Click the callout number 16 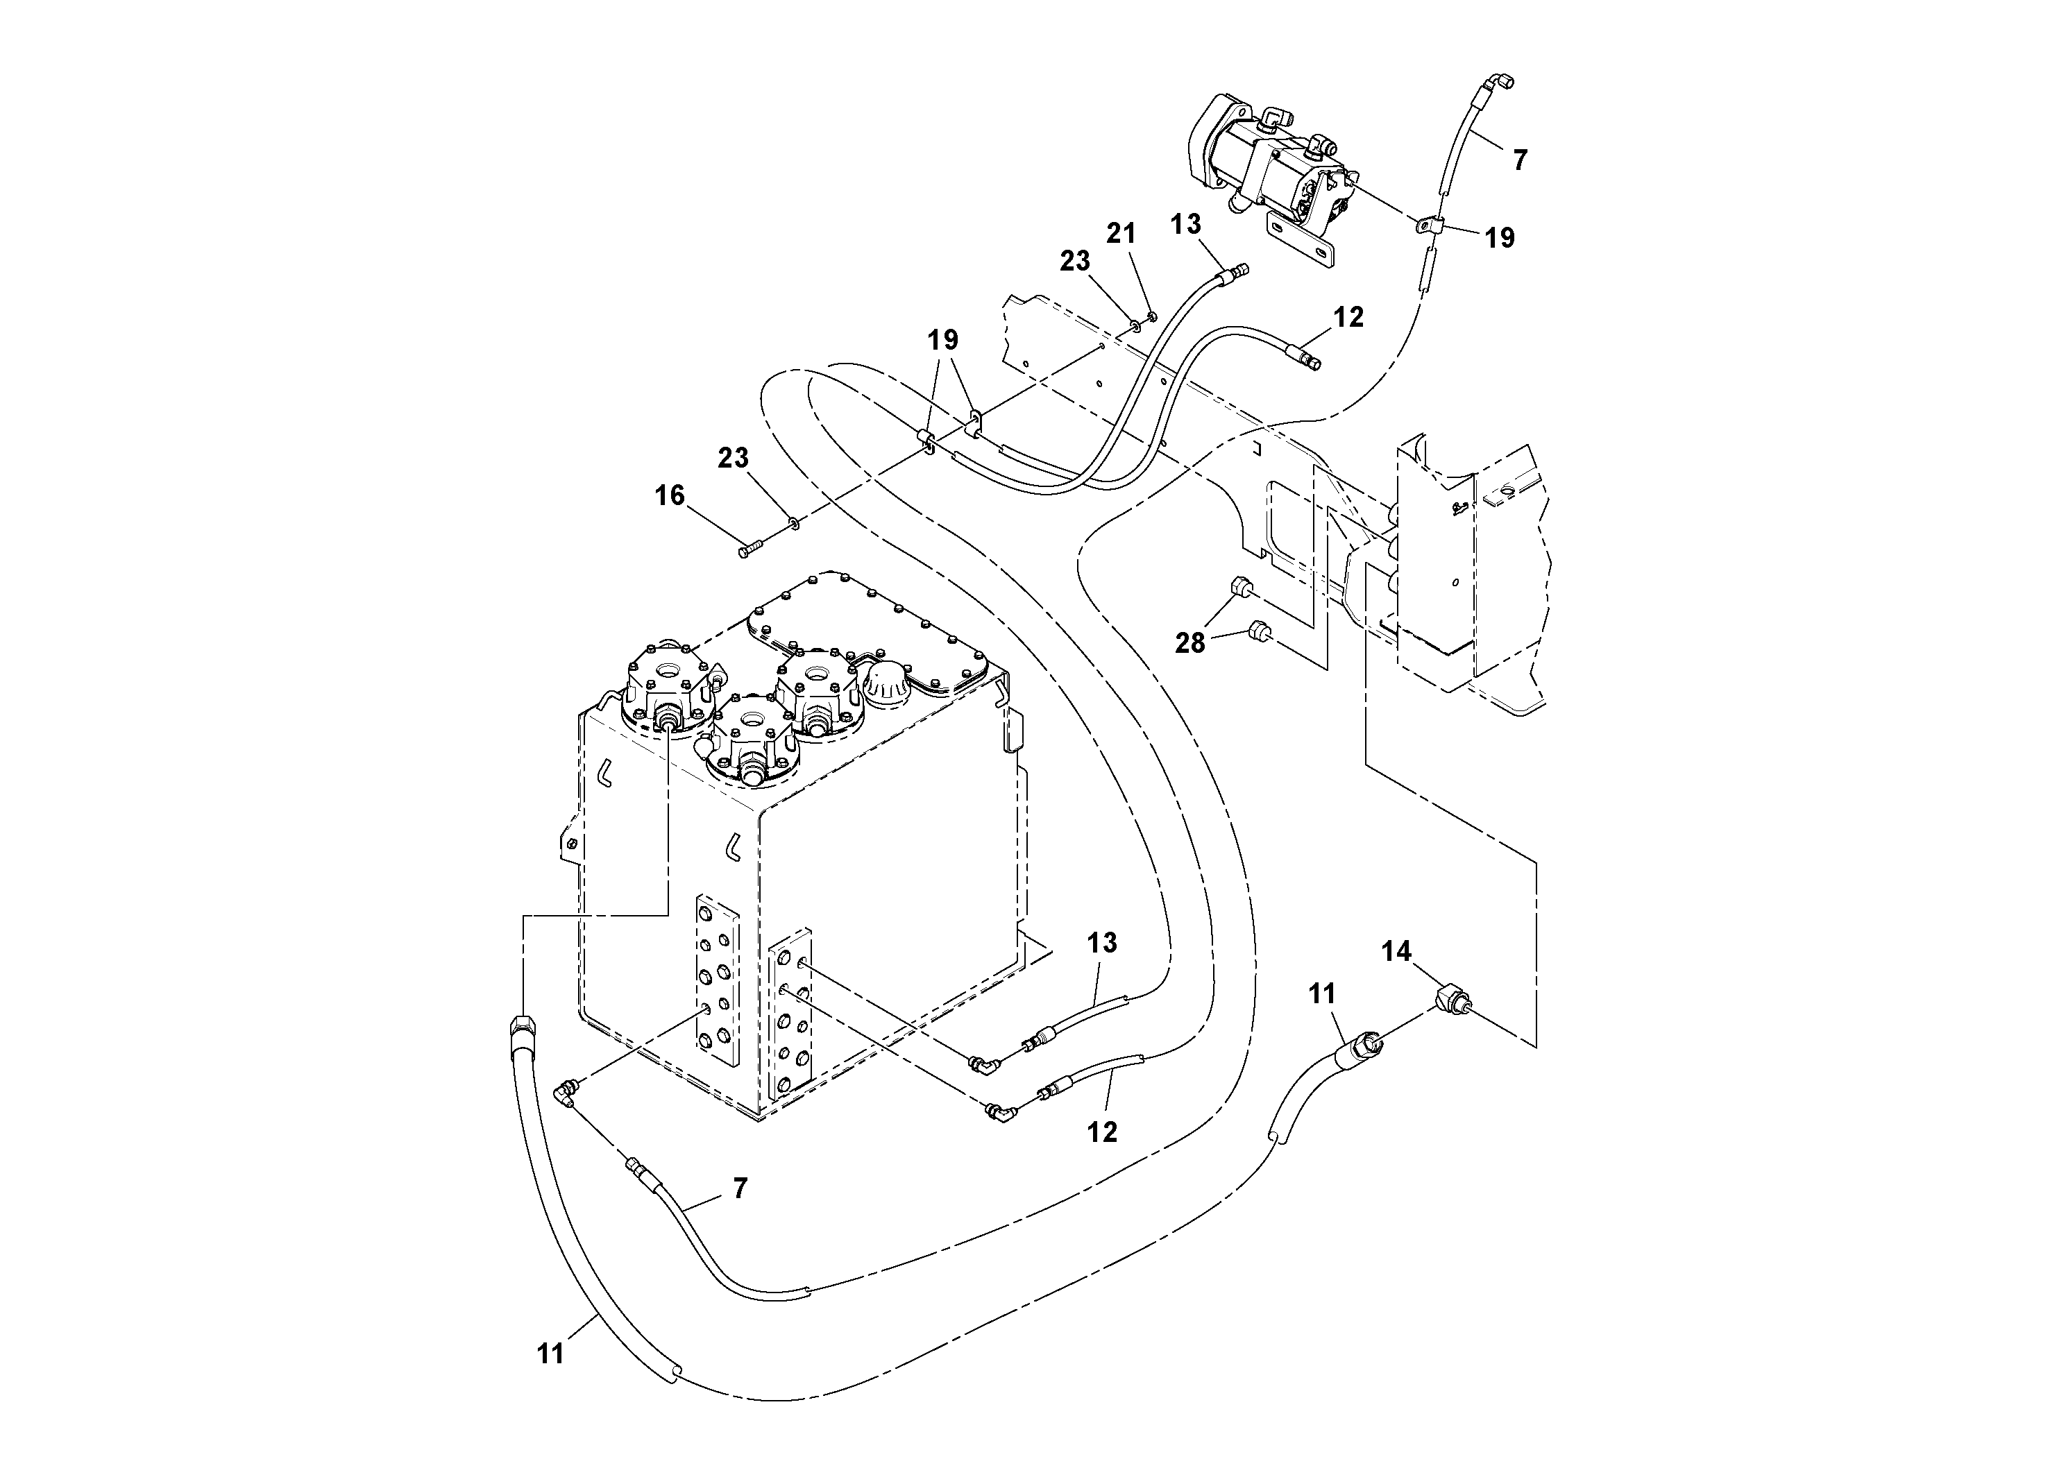point(670,495)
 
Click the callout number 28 point(1189,643)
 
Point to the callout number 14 point(1396,952)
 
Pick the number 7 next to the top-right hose point(1520,160)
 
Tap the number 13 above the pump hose point(1186,224)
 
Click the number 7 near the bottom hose point(740,1188)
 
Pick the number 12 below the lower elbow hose point(1101,1132)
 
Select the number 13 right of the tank point(1101,943)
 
